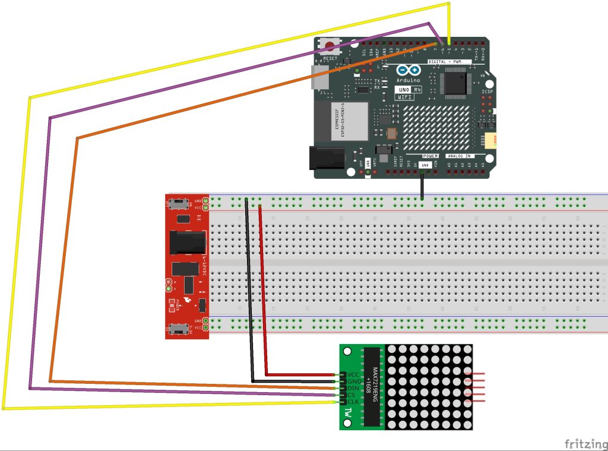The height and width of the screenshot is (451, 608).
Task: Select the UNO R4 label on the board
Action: (408, 90)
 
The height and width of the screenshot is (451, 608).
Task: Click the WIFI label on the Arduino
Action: (404, 96)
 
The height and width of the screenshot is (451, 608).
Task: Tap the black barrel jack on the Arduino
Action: (326, 157)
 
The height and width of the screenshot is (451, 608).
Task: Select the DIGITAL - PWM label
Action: (449, 62)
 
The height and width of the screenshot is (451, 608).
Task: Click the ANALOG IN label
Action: (458, 155)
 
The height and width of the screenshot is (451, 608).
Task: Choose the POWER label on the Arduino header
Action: (430, 155)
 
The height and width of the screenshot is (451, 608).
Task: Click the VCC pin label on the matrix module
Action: (353, 374)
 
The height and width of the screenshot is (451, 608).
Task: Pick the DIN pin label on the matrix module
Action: (353, 388)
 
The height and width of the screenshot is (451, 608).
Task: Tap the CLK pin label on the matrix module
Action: (353, 402)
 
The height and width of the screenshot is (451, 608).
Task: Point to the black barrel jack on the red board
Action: (188, 242)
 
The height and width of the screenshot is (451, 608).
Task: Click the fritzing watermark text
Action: (585, 443)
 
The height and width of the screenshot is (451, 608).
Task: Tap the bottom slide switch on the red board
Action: (177, 328)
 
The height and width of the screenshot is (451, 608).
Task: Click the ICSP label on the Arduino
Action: (487, 92)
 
